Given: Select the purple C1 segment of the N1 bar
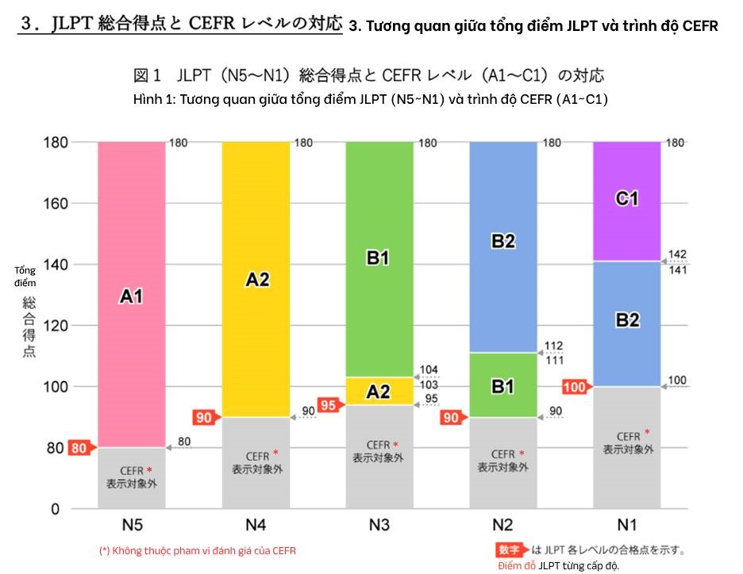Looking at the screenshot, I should [x=626, y=200].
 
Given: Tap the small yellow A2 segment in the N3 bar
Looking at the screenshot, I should [x=379, y=391].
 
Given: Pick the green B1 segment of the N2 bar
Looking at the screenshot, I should [x=502, y=386].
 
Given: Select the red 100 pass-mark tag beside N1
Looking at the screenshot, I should [x=576, y=387].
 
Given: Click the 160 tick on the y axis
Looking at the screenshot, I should [x=56, y=204].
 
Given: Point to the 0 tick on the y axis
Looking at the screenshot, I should [x=56, y=509].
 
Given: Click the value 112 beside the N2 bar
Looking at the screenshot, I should [x=553, y=346].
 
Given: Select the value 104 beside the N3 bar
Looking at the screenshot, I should [x=429, y=370].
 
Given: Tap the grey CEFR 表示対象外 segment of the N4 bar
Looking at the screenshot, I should [x=256, y=462].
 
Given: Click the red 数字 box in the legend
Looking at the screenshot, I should [x=512, y=549].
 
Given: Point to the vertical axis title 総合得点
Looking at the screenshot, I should [x=29, y=327].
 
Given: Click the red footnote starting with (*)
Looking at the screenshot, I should [x=198, y=551].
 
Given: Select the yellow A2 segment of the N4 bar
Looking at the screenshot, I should [x=256, y=279].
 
